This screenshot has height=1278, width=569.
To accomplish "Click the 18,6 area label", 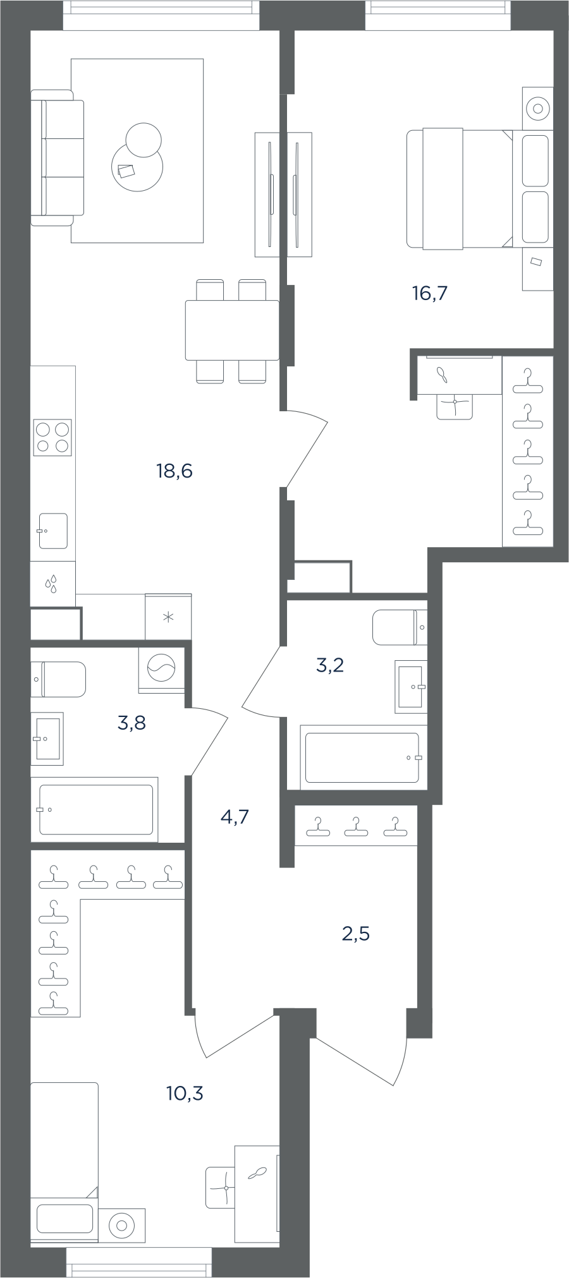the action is tap(174, 471).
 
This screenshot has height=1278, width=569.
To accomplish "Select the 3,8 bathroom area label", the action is tap(132, 723).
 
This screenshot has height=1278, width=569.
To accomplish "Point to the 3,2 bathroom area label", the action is tap(329, 665).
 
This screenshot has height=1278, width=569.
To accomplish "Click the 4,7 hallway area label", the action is tap(235, 817).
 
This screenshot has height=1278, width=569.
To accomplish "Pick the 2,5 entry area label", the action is tap(355, 933).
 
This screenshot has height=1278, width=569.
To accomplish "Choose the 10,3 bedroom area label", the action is tap(185, 1092).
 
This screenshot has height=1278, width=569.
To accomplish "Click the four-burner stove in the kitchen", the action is tap(52, 437).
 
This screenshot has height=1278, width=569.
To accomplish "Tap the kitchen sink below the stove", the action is tap(52, 531).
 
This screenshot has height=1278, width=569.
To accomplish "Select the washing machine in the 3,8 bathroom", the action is tap(161, 669).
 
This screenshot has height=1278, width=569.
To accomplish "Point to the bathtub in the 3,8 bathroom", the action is tap(95, 809).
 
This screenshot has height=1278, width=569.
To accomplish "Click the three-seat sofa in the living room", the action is tap(58, 157).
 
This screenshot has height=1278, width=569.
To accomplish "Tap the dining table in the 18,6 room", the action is tap(232, 330).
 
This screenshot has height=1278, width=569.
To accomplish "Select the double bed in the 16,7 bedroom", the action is tap(480, 188).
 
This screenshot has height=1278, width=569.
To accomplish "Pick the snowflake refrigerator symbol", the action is tap(168, 617).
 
